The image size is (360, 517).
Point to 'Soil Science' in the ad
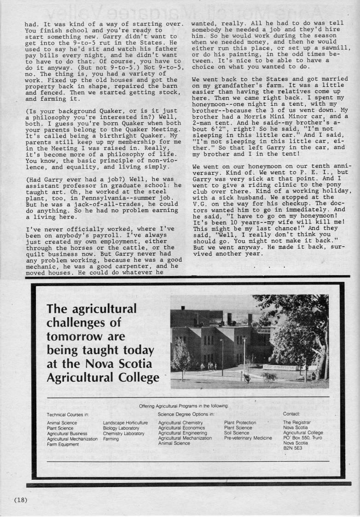237,433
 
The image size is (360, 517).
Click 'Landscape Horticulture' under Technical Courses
125,422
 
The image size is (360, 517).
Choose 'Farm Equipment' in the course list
63,444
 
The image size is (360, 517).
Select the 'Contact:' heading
291,414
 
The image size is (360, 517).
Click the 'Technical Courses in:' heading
68,414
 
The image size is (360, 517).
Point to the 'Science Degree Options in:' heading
186,414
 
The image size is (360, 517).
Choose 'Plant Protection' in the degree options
240,422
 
